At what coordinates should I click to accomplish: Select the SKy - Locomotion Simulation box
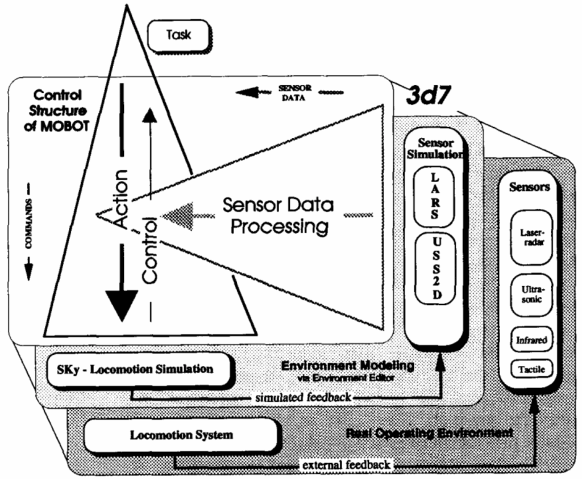139,368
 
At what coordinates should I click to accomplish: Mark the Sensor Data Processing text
277,216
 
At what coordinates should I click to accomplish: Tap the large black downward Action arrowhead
122,305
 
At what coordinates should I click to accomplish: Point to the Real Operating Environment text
429,433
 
